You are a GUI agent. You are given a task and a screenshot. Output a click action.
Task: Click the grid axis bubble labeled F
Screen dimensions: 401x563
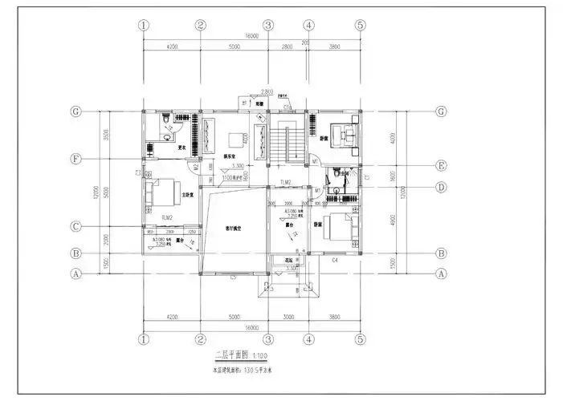[76, 159]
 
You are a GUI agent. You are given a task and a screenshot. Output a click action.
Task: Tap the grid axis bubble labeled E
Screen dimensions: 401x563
[440, 166]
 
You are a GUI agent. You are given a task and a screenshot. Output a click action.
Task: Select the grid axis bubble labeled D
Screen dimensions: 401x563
[440, 188]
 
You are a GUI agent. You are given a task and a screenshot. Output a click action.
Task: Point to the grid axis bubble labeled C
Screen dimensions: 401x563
[76, 226]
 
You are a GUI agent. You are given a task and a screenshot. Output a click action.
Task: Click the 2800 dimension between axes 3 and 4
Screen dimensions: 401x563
[287, 47]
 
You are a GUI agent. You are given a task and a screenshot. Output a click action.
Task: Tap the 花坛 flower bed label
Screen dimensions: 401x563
[280, 259]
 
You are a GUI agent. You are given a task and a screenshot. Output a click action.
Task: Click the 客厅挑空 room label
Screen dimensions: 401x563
[233, 229]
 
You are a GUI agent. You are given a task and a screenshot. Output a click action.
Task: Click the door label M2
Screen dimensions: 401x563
[195, 167]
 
